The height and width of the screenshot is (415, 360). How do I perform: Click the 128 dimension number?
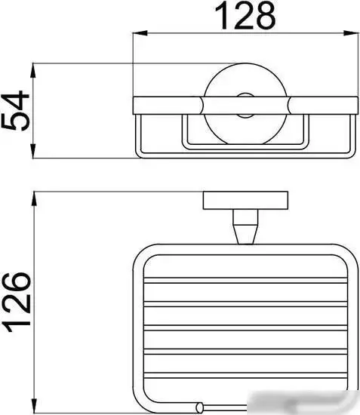click(x=245, y=16)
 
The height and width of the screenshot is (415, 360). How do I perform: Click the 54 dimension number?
click(x=15, y=111)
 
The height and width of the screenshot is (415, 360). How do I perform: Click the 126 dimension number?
click(x=17, y=302)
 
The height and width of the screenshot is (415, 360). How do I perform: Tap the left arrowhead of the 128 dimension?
click(x=140, y=33)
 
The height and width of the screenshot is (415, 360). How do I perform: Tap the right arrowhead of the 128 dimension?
click(x=351, y=33)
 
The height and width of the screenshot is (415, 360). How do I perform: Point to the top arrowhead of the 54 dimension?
click(x=33, y=70)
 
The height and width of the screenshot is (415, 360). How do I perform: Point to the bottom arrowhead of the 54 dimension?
click(x=33, y=151)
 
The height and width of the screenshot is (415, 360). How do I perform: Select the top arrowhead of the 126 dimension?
click(x=34, y=198)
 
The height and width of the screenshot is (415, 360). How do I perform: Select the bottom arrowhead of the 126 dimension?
click(x=34, y=405)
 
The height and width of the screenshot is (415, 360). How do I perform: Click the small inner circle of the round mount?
click(x=245, y=106)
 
